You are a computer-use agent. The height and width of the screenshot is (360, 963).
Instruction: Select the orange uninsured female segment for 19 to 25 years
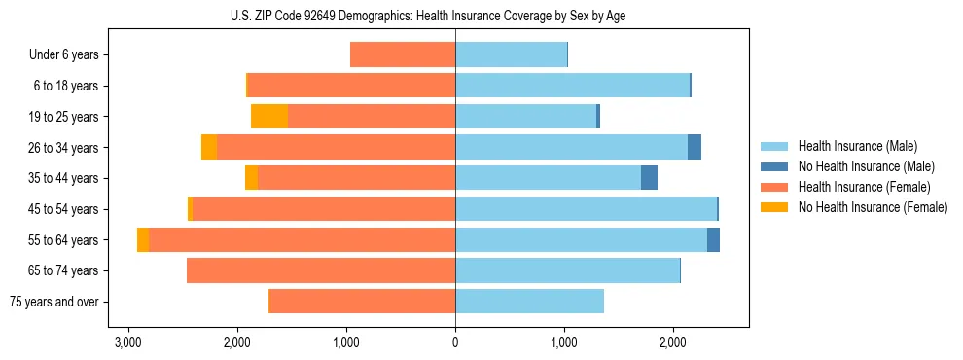269,117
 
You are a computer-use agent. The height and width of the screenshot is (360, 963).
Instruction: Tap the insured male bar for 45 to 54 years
586,209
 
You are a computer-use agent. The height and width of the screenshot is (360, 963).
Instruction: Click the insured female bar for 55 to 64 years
302,240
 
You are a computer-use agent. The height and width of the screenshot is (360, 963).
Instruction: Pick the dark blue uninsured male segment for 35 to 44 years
649,178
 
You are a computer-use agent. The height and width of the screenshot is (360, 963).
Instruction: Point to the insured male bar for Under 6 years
511,54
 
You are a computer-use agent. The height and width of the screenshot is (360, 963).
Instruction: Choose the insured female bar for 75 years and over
362,302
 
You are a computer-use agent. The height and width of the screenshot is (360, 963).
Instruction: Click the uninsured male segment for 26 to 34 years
695,147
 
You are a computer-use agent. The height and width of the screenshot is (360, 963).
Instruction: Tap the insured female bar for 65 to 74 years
321,270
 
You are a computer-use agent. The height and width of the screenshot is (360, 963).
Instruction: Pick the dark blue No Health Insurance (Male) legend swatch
774,166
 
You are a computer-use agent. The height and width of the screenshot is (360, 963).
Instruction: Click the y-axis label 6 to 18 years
65,86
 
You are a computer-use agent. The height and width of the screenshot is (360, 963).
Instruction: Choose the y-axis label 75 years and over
53,302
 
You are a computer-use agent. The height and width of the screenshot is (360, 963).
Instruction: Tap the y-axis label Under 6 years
63,54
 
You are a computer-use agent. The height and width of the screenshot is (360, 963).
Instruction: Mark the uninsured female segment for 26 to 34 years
209,147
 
